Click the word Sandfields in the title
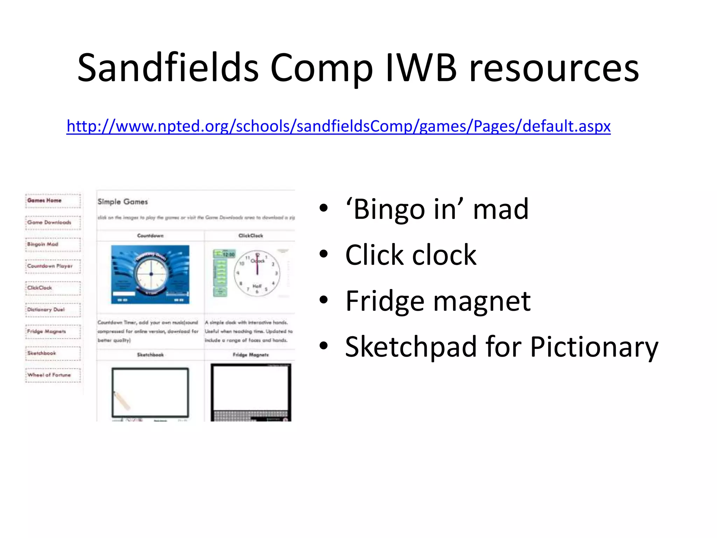pyautogui.click(x=168, y=67)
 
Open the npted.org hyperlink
pyautogui.click(x=338, y=126)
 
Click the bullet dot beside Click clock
pyautogui.click(x=323, y=254)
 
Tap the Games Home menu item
pyautogui.click(x=53, y=201)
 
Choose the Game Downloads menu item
pyautogui.click(x=53, y=222)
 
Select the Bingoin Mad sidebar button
pyautogui.click(x=53, y=244)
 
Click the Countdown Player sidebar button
pyautogui.click(x=53, y=266)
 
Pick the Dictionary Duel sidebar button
pyautogui.click(x=53, y=310)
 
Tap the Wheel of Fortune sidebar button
pyautogui.click(x=53, y=375)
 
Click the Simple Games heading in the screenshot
pyautogui.click(x=123, y=202)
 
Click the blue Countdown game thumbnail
pyautogui.click(x=150, y=274)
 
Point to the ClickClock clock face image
pyautogui.click(x=257, y=274)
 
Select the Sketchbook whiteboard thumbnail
pyautogui.click(x=150, y=392)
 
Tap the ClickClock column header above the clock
pyautogui.click(x=250, y=236)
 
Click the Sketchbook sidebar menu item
pyautogui.click(x=53, y=353)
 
